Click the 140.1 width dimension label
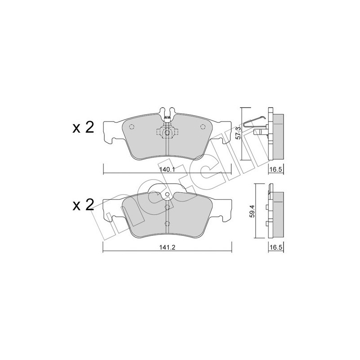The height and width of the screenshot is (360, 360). (x=166, y=170)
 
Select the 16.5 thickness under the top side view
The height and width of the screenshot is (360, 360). (x=275, y=170)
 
